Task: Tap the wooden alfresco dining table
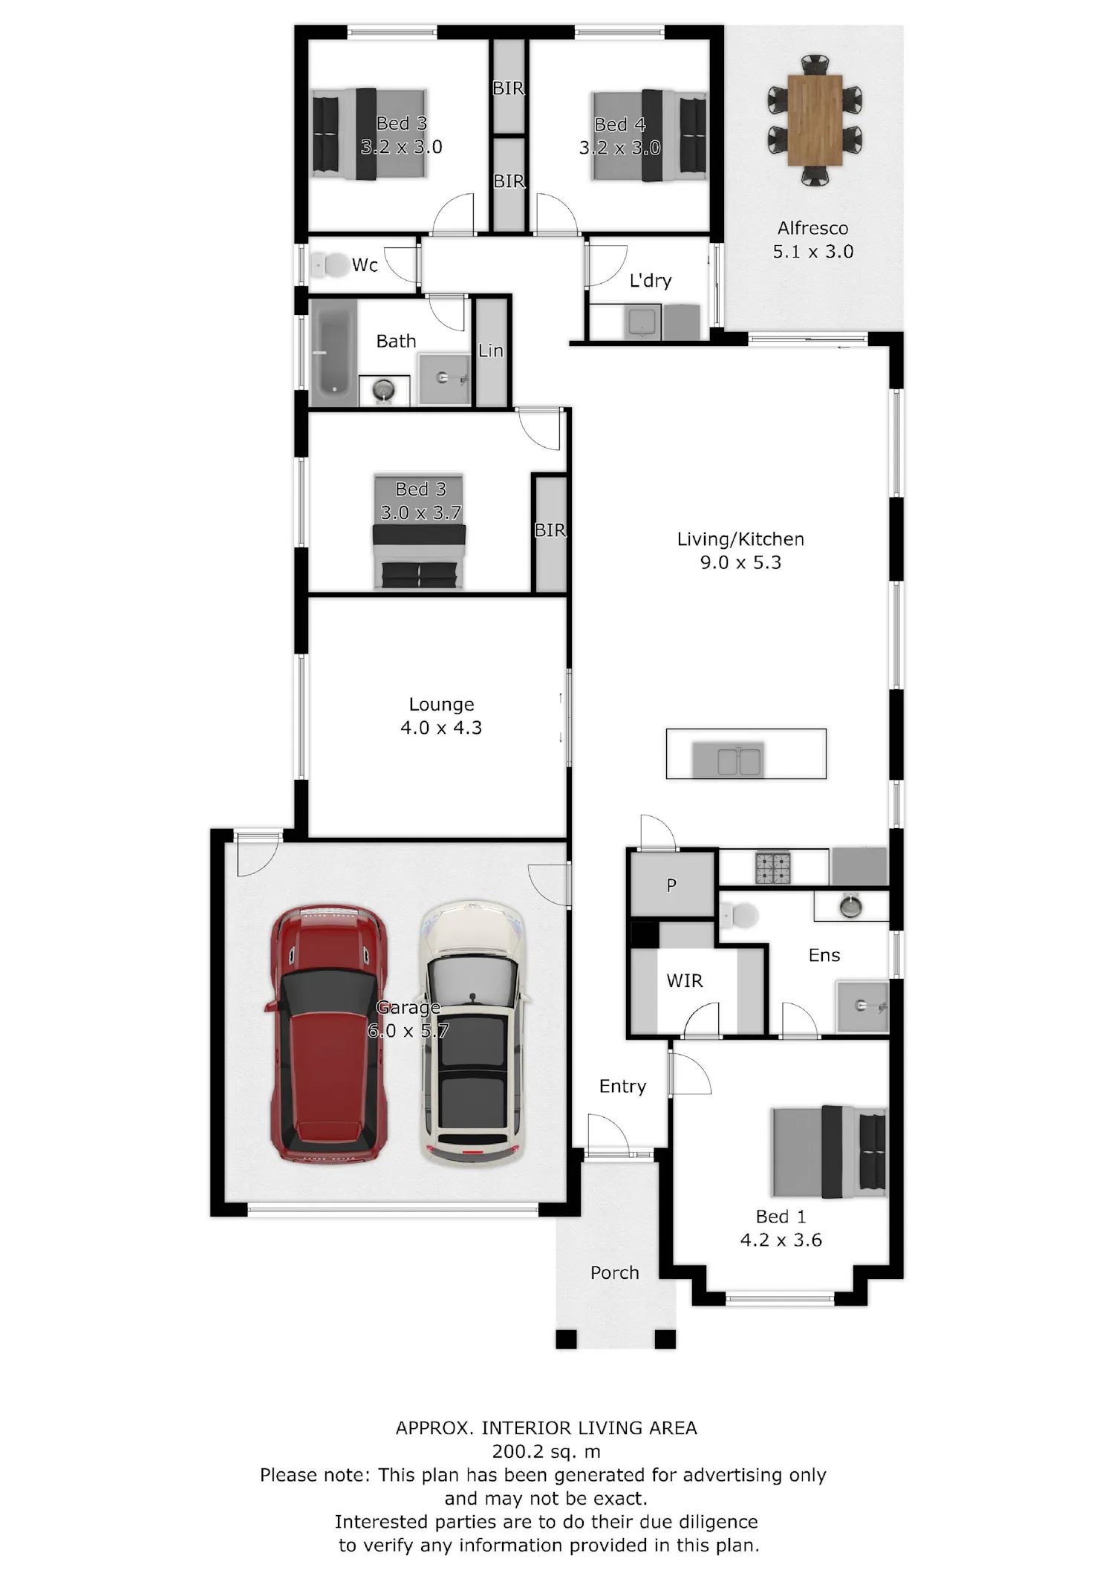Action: [815, 120]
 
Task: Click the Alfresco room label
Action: [812, 228]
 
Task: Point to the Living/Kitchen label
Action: [740, 539]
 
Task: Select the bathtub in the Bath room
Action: [333, 351]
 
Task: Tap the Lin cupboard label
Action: [490, 351]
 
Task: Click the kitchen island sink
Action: [738, 761]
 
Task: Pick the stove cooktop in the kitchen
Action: [772, 867]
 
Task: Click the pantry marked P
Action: [671, 885]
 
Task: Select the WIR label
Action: [684, 981]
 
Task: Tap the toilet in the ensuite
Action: [739, 916]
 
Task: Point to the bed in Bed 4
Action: [648, 135]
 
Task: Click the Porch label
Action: [614, 1273]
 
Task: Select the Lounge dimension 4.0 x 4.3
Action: [441, 728]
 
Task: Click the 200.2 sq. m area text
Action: [546, 1451]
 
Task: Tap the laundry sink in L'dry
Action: [641, 323]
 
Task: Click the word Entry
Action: [622, 1087]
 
